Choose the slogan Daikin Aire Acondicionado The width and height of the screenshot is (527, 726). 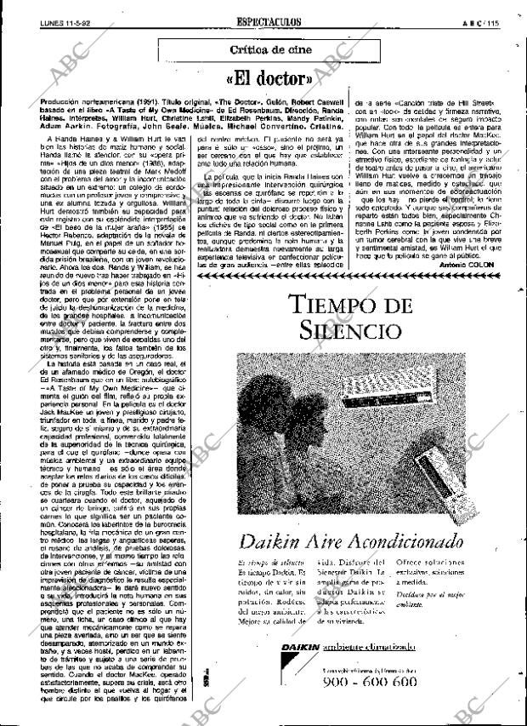(x=350, y=541)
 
